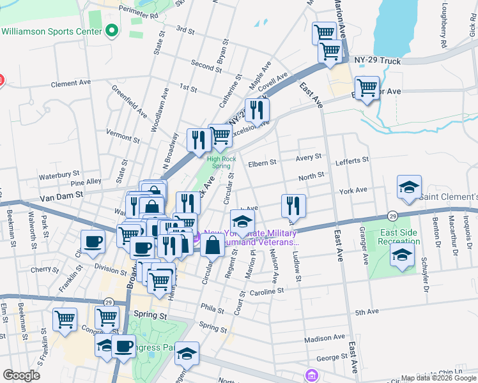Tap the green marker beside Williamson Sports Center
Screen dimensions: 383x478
click(112, 30)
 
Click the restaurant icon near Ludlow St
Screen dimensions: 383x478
click(293, 206)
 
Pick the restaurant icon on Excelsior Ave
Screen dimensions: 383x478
click(257, 110)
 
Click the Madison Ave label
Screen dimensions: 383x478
click(324, 337)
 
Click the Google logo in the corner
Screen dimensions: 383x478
click(21, 375)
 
